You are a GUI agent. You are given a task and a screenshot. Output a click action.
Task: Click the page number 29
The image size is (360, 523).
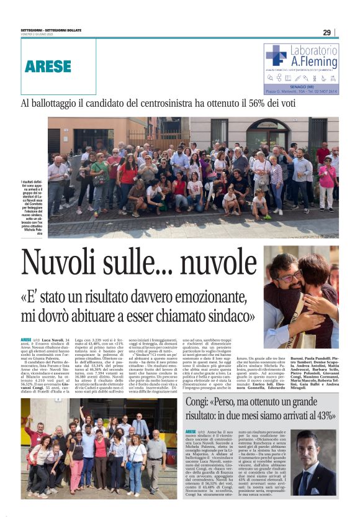(326, 32)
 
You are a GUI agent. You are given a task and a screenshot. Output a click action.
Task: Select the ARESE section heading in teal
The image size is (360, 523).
(48, 66)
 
